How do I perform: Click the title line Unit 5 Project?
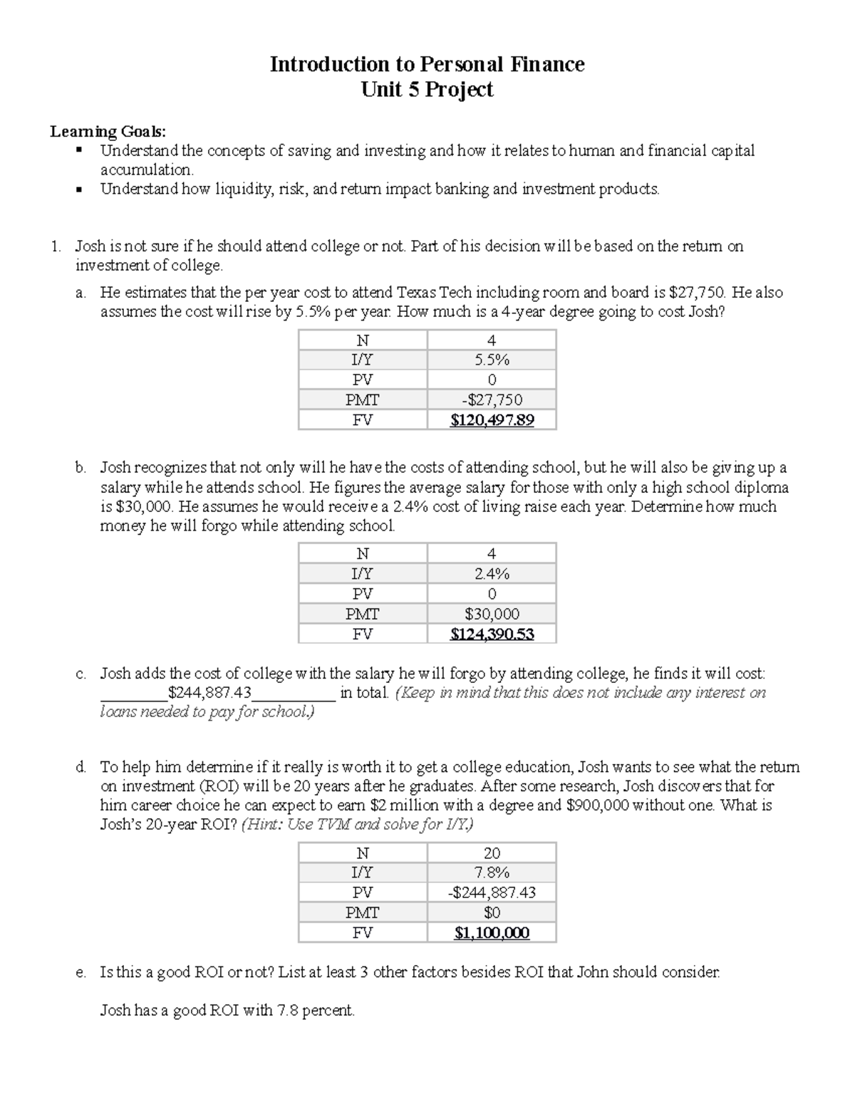(427, 90)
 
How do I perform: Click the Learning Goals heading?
(107, 131)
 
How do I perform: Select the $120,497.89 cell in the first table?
(492, 420)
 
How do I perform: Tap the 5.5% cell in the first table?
(492, 360)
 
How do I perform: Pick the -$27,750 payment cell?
(492, 400)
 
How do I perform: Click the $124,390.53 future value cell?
(492, 634)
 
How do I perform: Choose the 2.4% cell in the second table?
(492, 574)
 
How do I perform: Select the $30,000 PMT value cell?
(492, 614)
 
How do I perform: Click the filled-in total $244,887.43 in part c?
(209, 693)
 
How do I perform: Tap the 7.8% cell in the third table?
(492, 873)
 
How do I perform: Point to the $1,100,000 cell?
(492, 933)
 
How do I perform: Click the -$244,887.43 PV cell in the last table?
(492, 893)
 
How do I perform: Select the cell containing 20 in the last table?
(492, 853)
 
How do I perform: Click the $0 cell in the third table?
(492, 913)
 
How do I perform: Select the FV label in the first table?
(363, 420)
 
